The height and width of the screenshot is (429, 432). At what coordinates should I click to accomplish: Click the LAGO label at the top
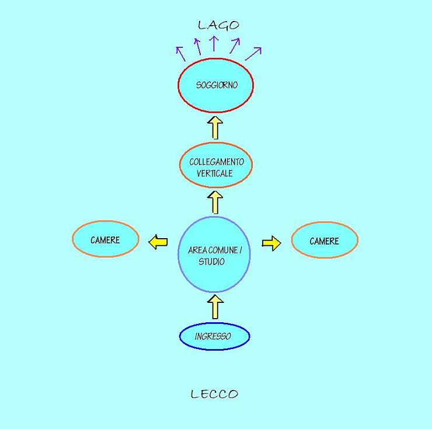(x=218, y=25)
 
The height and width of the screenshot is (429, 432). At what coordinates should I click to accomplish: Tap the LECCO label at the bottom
(x=215, y=394)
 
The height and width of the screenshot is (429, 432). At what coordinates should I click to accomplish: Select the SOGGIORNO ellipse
(x=215, y=85)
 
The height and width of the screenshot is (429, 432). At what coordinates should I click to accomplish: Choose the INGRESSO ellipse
(x=214, y=337)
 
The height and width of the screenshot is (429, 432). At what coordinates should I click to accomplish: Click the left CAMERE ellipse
(x=105, y=240)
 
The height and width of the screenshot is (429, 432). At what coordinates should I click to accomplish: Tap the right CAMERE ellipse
(x=325, y=240)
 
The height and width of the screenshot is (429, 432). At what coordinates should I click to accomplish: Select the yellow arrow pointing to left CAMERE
(x=158, y=241)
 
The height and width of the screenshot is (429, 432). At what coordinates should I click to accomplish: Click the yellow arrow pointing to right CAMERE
(x=271, y=243)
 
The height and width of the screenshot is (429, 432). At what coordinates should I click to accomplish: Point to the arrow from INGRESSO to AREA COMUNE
(x=215, y=307)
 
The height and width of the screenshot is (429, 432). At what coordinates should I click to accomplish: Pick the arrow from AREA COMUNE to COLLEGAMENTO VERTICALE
(x=215, y=203)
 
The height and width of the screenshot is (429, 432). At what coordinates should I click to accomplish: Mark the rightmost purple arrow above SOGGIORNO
(x=253, y=53)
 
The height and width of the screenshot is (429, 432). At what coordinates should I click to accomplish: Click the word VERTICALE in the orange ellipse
(x=214, y=173)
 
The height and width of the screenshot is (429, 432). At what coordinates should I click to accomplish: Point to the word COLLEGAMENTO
(x=217, y=162)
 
